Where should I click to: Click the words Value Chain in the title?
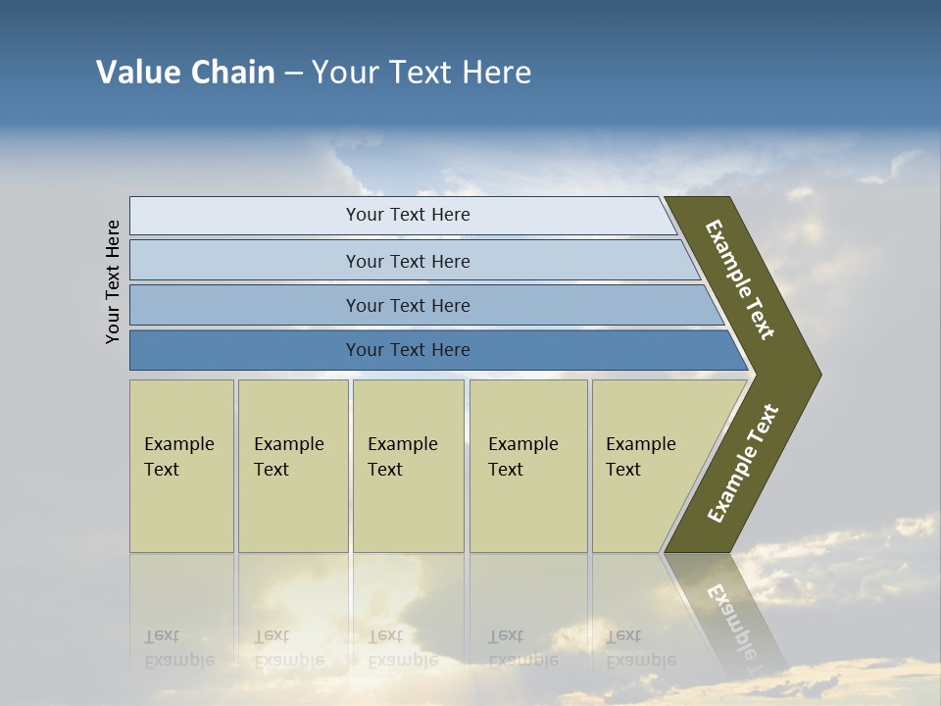(x=185, y=73)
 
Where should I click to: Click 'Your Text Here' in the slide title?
(x=421, y=73)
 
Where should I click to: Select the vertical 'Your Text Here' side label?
(x=114, y=281)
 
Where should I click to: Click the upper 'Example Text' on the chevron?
(x=740, y=279)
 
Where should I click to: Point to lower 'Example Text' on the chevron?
(x=743, y=463)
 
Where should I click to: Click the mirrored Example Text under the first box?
(x=178, y=648)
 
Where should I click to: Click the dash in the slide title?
(x=293, y=73)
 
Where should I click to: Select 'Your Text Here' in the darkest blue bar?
(x=408, y=350)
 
